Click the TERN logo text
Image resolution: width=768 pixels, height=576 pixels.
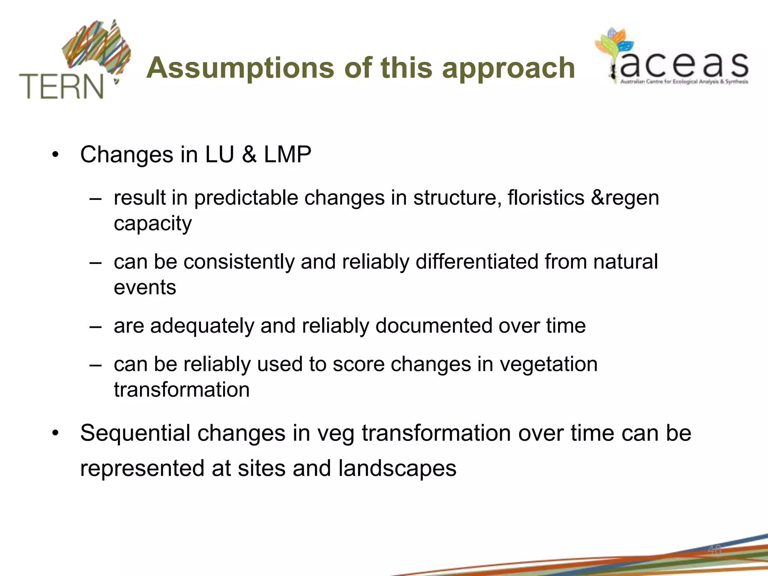61,87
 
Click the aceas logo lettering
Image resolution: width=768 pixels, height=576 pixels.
684,65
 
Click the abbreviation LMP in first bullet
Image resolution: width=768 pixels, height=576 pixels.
288,154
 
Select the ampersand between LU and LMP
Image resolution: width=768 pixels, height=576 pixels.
249,154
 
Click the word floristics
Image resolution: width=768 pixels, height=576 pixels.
546,198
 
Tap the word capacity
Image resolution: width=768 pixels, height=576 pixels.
153,224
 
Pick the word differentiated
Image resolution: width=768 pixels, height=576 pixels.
477,261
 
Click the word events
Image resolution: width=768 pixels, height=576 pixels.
145,288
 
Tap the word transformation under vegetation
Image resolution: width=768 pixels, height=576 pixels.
181,390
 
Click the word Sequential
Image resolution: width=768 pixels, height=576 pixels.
135,433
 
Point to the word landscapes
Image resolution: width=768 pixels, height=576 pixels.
397,468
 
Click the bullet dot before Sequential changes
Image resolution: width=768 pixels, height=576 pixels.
55,433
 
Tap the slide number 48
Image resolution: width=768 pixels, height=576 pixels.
714,550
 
